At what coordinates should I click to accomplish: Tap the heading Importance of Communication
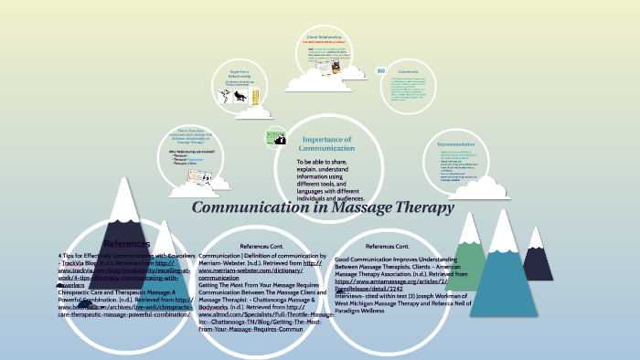pos(327,143)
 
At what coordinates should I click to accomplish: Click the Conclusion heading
pos(407,70)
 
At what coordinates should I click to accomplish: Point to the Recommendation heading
pos(455,144)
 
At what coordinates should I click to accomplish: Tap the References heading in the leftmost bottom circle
pos(127,244)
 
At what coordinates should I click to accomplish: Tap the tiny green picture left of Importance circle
pos(276,138)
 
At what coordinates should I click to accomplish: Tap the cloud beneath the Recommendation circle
pos(475,188)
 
